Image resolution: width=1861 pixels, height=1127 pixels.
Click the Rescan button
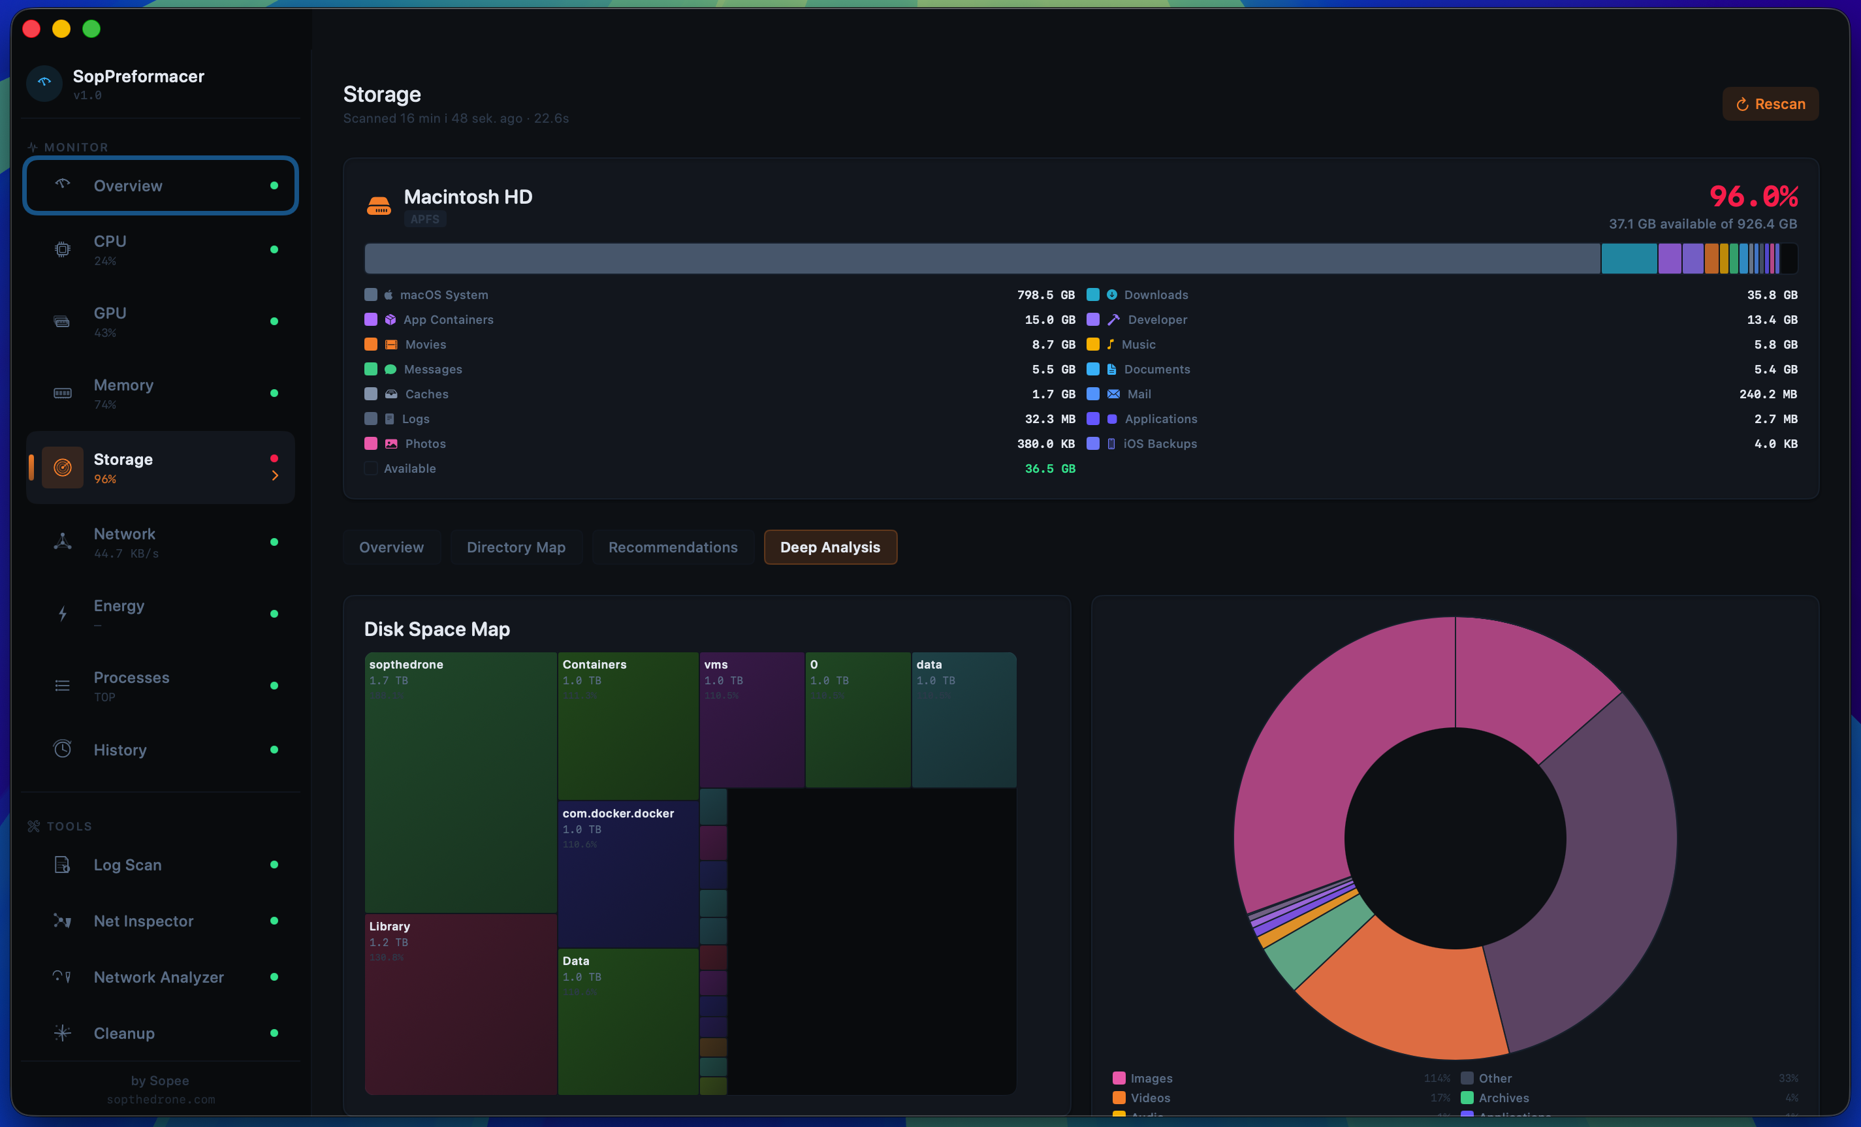[x=1770, y=104]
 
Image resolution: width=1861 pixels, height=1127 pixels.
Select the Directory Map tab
[x=516, y=547]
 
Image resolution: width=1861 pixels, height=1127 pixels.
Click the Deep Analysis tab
[x=829, y=547]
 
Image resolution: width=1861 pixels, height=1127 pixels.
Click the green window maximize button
[x=91, y=29]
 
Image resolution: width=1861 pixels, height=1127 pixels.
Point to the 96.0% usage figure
[x=1753, y=197]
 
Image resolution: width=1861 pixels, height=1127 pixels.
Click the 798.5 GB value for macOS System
[x=1045, y=294]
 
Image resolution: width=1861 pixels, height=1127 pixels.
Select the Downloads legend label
[x=1156, y=294]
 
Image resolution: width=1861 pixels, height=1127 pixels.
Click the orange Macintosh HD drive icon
[x=378, y=205]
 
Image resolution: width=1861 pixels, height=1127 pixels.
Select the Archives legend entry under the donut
[x=1503, y=1098]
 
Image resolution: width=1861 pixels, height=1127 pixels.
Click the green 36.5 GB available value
[x=1050, y=468]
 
